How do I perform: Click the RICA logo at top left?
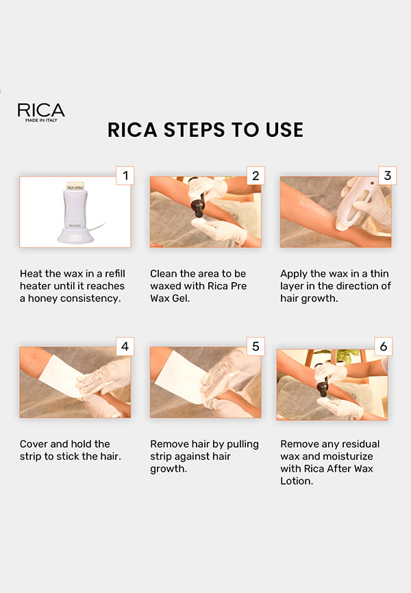point(41,112)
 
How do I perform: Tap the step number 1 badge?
point(125,175)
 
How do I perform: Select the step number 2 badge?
point(256,175)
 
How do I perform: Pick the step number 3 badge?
point(387,175)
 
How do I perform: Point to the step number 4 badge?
point(125,346)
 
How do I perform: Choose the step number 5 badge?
point(256,346)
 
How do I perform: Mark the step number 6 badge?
point(384,346)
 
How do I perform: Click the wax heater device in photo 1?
point(75,212)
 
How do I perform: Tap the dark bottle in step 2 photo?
point(198,204)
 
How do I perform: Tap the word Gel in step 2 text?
point(180,298)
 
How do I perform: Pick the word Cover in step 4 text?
point(34,444)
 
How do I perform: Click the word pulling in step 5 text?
point(242,444)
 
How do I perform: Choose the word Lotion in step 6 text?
point(297,481)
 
